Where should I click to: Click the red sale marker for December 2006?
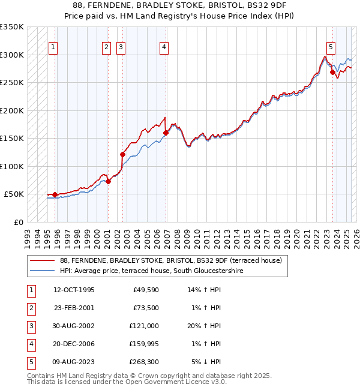[x=166, y=133]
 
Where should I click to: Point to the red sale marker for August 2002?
[x=123, y=154]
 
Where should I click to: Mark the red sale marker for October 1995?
[x=55, y=194]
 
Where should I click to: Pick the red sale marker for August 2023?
[x=332, y=72]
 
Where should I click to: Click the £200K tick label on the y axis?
[x=12, y=110]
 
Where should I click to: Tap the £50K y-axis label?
[x=14, y=194]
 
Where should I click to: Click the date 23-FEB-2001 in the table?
[x=74, y=308]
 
